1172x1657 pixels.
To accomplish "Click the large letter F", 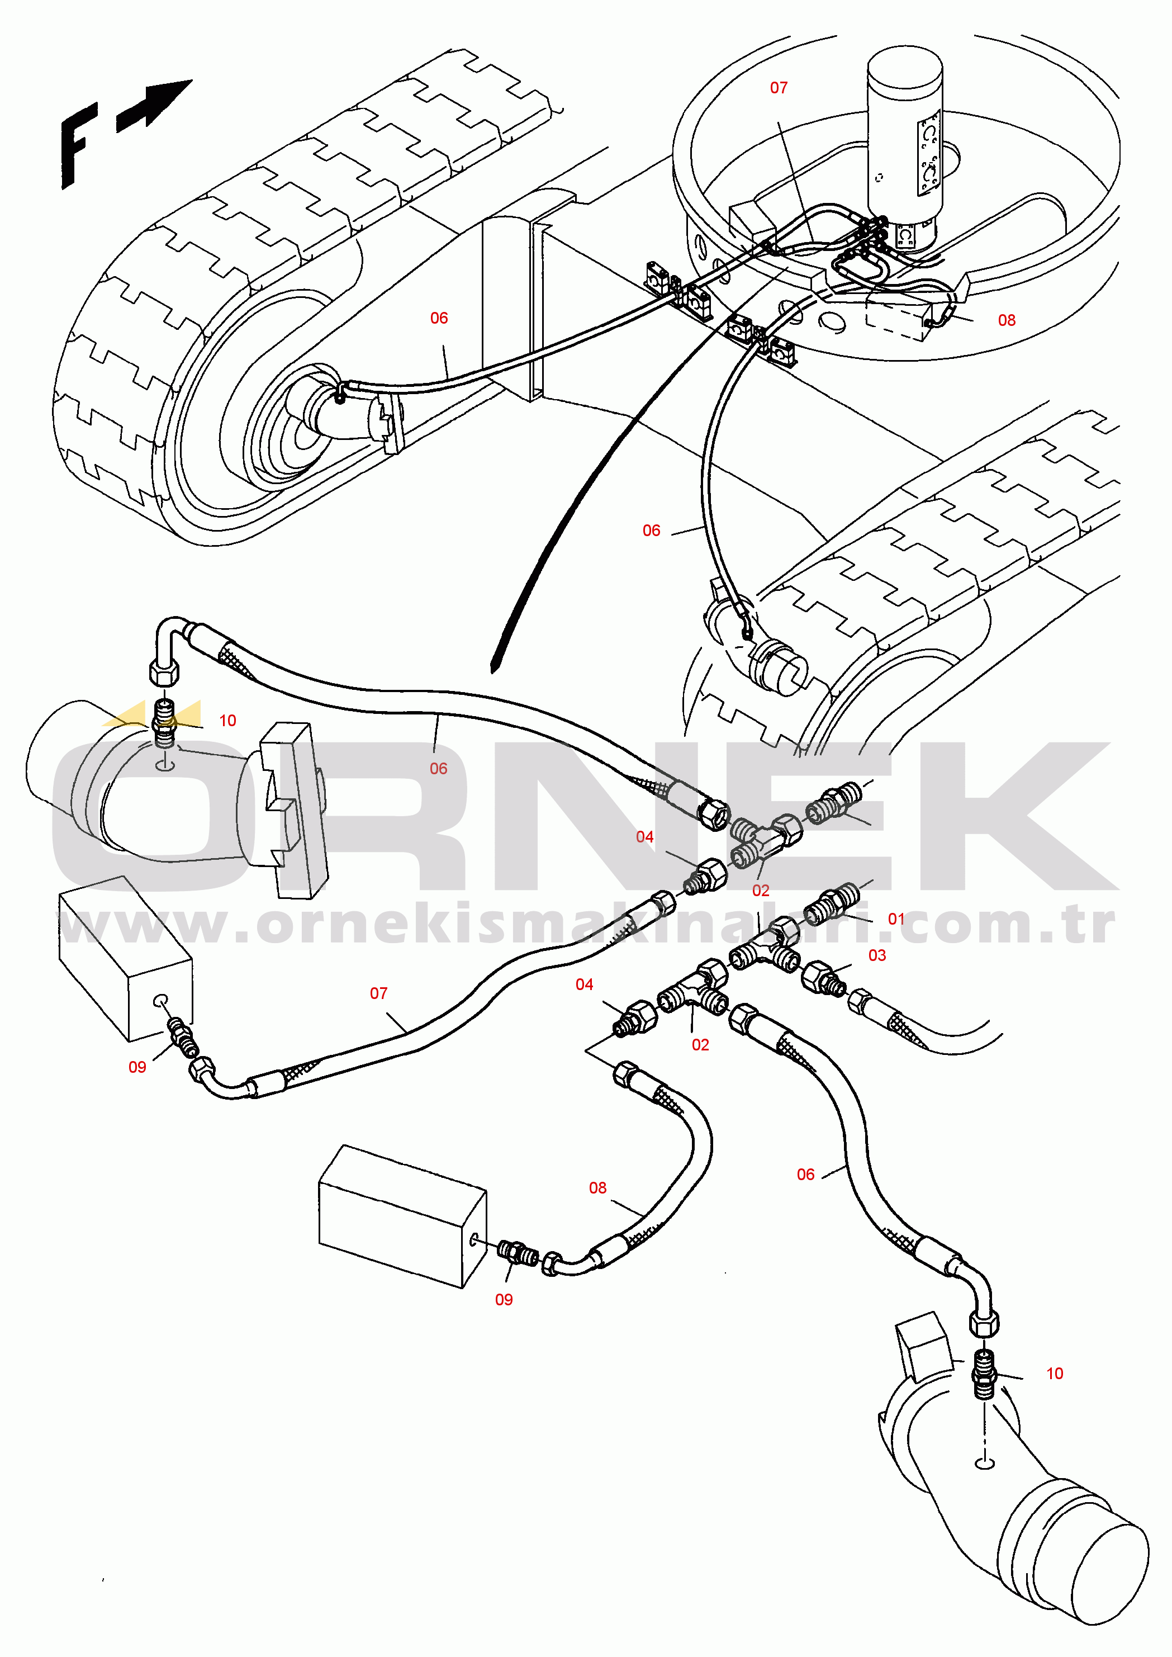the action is click(x=79, y=145).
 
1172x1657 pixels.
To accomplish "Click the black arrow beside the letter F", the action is click(x=154, y=105).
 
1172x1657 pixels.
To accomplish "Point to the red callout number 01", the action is click(x=896, y=919).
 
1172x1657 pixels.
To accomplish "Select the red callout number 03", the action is click(x=877, y=955).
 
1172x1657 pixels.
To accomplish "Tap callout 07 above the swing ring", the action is click(x=779, y=88).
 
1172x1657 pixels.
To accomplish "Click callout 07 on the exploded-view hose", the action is click(x=379, y=994).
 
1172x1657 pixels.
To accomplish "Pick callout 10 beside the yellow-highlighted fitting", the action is click(x=227, y=720).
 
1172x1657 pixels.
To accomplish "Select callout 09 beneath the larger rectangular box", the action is click(x=504, y=1300).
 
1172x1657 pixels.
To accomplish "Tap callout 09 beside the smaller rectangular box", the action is click(x=137, y=1067).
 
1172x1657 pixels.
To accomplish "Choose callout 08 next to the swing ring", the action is click(x=1007, y=320).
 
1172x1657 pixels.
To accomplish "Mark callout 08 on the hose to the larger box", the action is click(x=597, y=1188).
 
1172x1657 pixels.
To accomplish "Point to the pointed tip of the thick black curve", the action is click(x=493, y=672).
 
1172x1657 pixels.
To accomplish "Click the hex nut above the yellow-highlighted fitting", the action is click(x=164, y=671).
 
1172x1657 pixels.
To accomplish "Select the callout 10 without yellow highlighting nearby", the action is click(x=1055, y=1374).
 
